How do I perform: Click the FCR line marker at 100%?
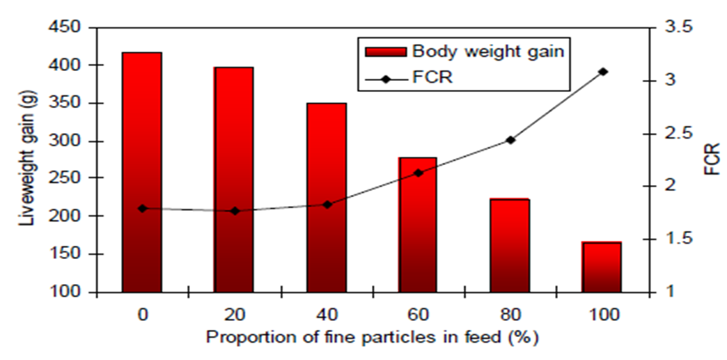tap(603, 72)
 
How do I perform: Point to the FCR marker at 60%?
tap(419, 173)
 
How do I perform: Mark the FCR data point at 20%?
tap(235, 211)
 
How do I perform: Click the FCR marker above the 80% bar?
tap(510, 140)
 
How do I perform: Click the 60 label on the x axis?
tap(419, 314)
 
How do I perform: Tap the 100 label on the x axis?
tap(603, 314)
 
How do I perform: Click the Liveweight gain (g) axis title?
tap(26, 159)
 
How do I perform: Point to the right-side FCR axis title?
tap(711, 159)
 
